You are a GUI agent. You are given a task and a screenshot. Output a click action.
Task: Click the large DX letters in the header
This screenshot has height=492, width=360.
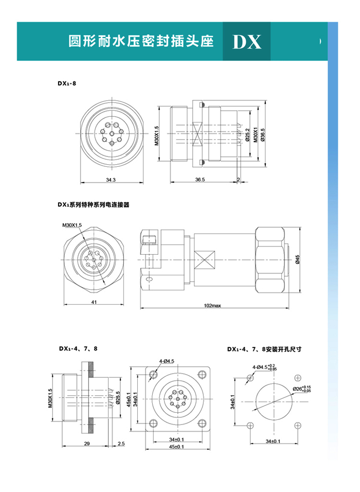pyautogui.click(x=247, y=42)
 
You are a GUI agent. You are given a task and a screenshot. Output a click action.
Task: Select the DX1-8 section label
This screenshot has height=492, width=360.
pyautogui.click(x=67, y=82)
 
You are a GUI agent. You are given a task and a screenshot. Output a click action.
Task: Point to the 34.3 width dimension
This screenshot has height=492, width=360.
pyautogui.click(x=111, y=180)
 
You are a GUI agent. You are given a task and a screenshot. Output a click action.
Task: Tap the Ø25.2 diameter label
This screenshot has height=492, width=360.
pyautogui.click(x=248, y=134)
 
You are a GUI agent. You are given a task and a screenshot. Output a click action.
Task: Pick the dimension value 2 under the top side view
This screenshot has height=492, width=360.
pyautogui.click(x=239, y=180)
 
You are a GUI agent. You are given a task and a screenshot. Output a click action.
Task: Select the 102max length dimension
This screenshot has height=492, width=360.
pyautogui.click(x=212, y=306)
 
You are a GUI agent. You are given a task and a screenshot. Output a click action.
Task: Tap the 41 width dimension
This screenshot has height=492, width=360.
pyautogui.click(x=94, y=302)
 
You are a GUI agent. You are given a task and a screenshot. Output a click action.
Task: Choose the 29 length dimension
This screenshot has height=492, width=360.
pyautogui.click(x=87, y=443)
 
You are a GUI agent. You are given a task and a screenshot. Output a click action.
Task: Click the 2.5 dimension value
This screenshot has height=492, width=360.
pyautogui.click(x=121, y=443)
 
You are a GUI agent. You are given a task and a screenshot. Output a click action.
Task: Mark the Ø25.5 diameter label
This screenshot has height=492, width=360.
pyautogui.click(x=118, y=397)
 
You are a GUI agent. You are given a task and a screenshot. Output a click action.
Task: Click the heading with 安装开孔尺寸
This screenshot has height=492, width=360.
pyautogui.click(x=264, y=348)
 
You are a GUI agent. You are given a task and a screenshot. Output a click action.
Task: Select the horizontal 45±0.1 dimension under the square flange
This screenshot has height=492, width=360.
pyautogui.click(x=177, y=447)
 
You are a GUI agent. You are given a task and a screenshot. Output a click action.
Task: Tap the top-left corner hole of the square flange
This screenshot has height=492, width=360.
pyautogui.click(x=152, y=374)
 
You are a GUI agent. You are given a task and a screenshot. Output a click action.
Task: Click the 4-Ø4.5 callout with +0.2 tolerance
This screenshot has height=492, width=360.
pyautogui.click(x=265, y=366)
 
